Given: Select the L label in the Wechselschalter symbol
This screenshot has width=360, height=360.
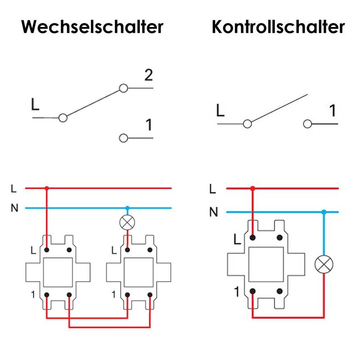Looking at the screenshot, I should (x=36, y=105).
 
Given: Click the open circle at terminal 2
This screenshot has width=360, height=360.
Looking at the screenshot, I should (x=123, y=89).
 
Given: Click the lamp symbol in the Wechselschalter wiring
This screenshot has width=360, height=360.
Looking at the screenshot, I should (x=127, y=223).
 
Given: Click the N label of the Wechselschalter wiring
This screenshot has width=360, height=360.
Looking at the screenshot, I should (x=14, y=208).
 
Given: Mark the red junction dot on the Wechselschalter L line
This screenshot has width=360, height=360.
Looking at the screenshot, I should (x=47, y=188).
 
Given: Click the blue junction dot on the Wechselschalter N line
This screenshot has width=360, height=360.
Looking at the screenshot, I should (x=127, y=208).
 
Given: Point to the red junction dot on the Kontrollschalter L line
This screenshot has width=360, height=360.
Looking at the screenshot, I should (x=253, y=188).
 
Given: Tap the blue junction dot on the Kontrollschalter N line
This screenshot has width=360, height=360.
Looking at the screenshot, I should (x=324, y=211).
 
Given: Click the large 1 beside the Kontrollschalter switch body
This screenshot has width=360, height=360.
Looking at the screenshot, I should (x=237, y=292).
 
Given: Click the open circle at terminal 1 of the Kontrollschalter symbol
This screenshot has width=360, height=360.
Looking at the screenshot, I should (x=308, y=124).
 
